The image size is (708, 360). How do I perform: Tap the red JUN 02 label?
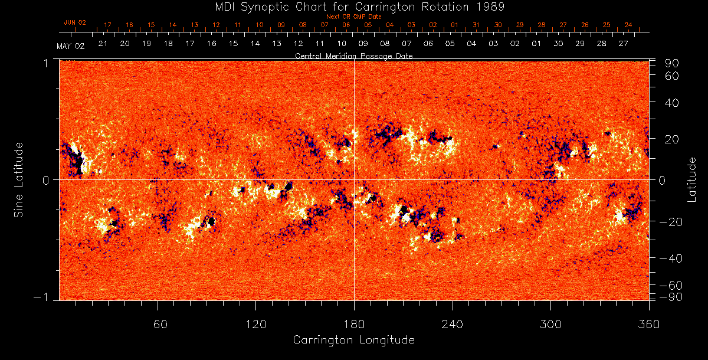[75, 22]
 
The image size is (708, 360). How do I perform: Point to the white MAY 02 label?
[71, 46]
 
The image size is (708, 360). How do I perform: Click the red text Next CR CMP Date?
[353, 17]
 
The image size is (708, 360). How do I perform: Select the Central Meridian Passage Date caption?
[353, 55]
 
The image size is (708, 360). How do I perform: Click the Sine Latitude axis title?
[19, 179]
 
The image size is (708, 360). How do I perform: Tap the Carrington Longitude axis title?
[353, 340]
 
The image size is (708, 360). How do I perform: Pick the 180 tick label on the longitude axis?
[354, 323]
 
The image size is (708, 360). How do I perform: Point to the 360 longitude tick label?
[648, 323]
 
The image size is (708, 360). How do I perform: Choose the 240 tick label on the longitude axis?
[453, 323]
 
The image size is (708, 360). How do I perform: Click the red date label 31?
[476, 25]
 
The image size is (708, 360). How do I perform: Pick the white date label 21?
[103, 44]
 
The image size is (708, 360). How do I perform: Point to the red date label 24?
[628, 25]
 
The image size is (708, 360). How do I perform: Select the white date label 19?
[146, 44]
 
